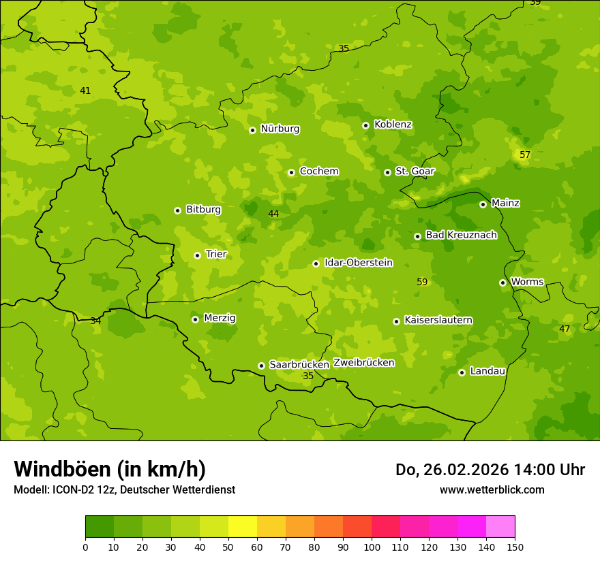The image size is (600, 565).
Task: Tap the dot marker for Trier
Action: click(197, 255)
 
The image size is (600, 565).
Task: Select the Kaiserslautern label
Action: click(438, 320)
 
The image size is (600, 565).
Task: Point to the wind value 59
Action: click(422, 282)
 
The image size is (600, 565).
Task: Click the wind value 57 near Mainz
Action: click(524, 155)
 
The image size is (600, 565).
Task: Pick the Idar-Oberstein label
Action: click(358, 262)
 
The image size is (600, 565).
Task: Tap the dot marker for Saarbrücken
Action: click(261, 366)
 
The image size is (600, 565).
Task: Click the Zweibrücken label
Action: click(363, 362)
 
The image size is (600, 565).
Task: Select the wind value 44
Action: click(273, 214)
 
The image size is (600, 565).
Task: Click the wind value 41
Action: click(85, 91)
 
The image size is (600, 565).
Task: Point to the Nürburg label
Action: click(280, 129)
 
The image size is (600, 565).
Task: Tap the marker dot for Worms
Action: click(502, 282)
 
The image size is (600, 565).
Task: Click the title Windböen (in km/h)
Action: click(110, 469)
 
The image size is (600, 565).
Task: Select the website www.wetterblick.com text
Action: click(492, 489)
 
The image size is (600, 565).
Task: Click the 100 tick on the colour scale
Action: click(372, 546)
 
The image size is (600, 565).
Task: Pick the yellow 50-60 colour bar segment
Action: click(243, 527)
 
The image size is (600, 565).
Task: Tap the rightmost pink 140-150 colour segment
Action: click(500, 527)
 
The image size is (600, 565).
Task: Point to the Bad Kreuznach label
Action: click(461, 235)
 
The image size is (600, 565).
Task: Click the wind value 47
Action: click(564, 329)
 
